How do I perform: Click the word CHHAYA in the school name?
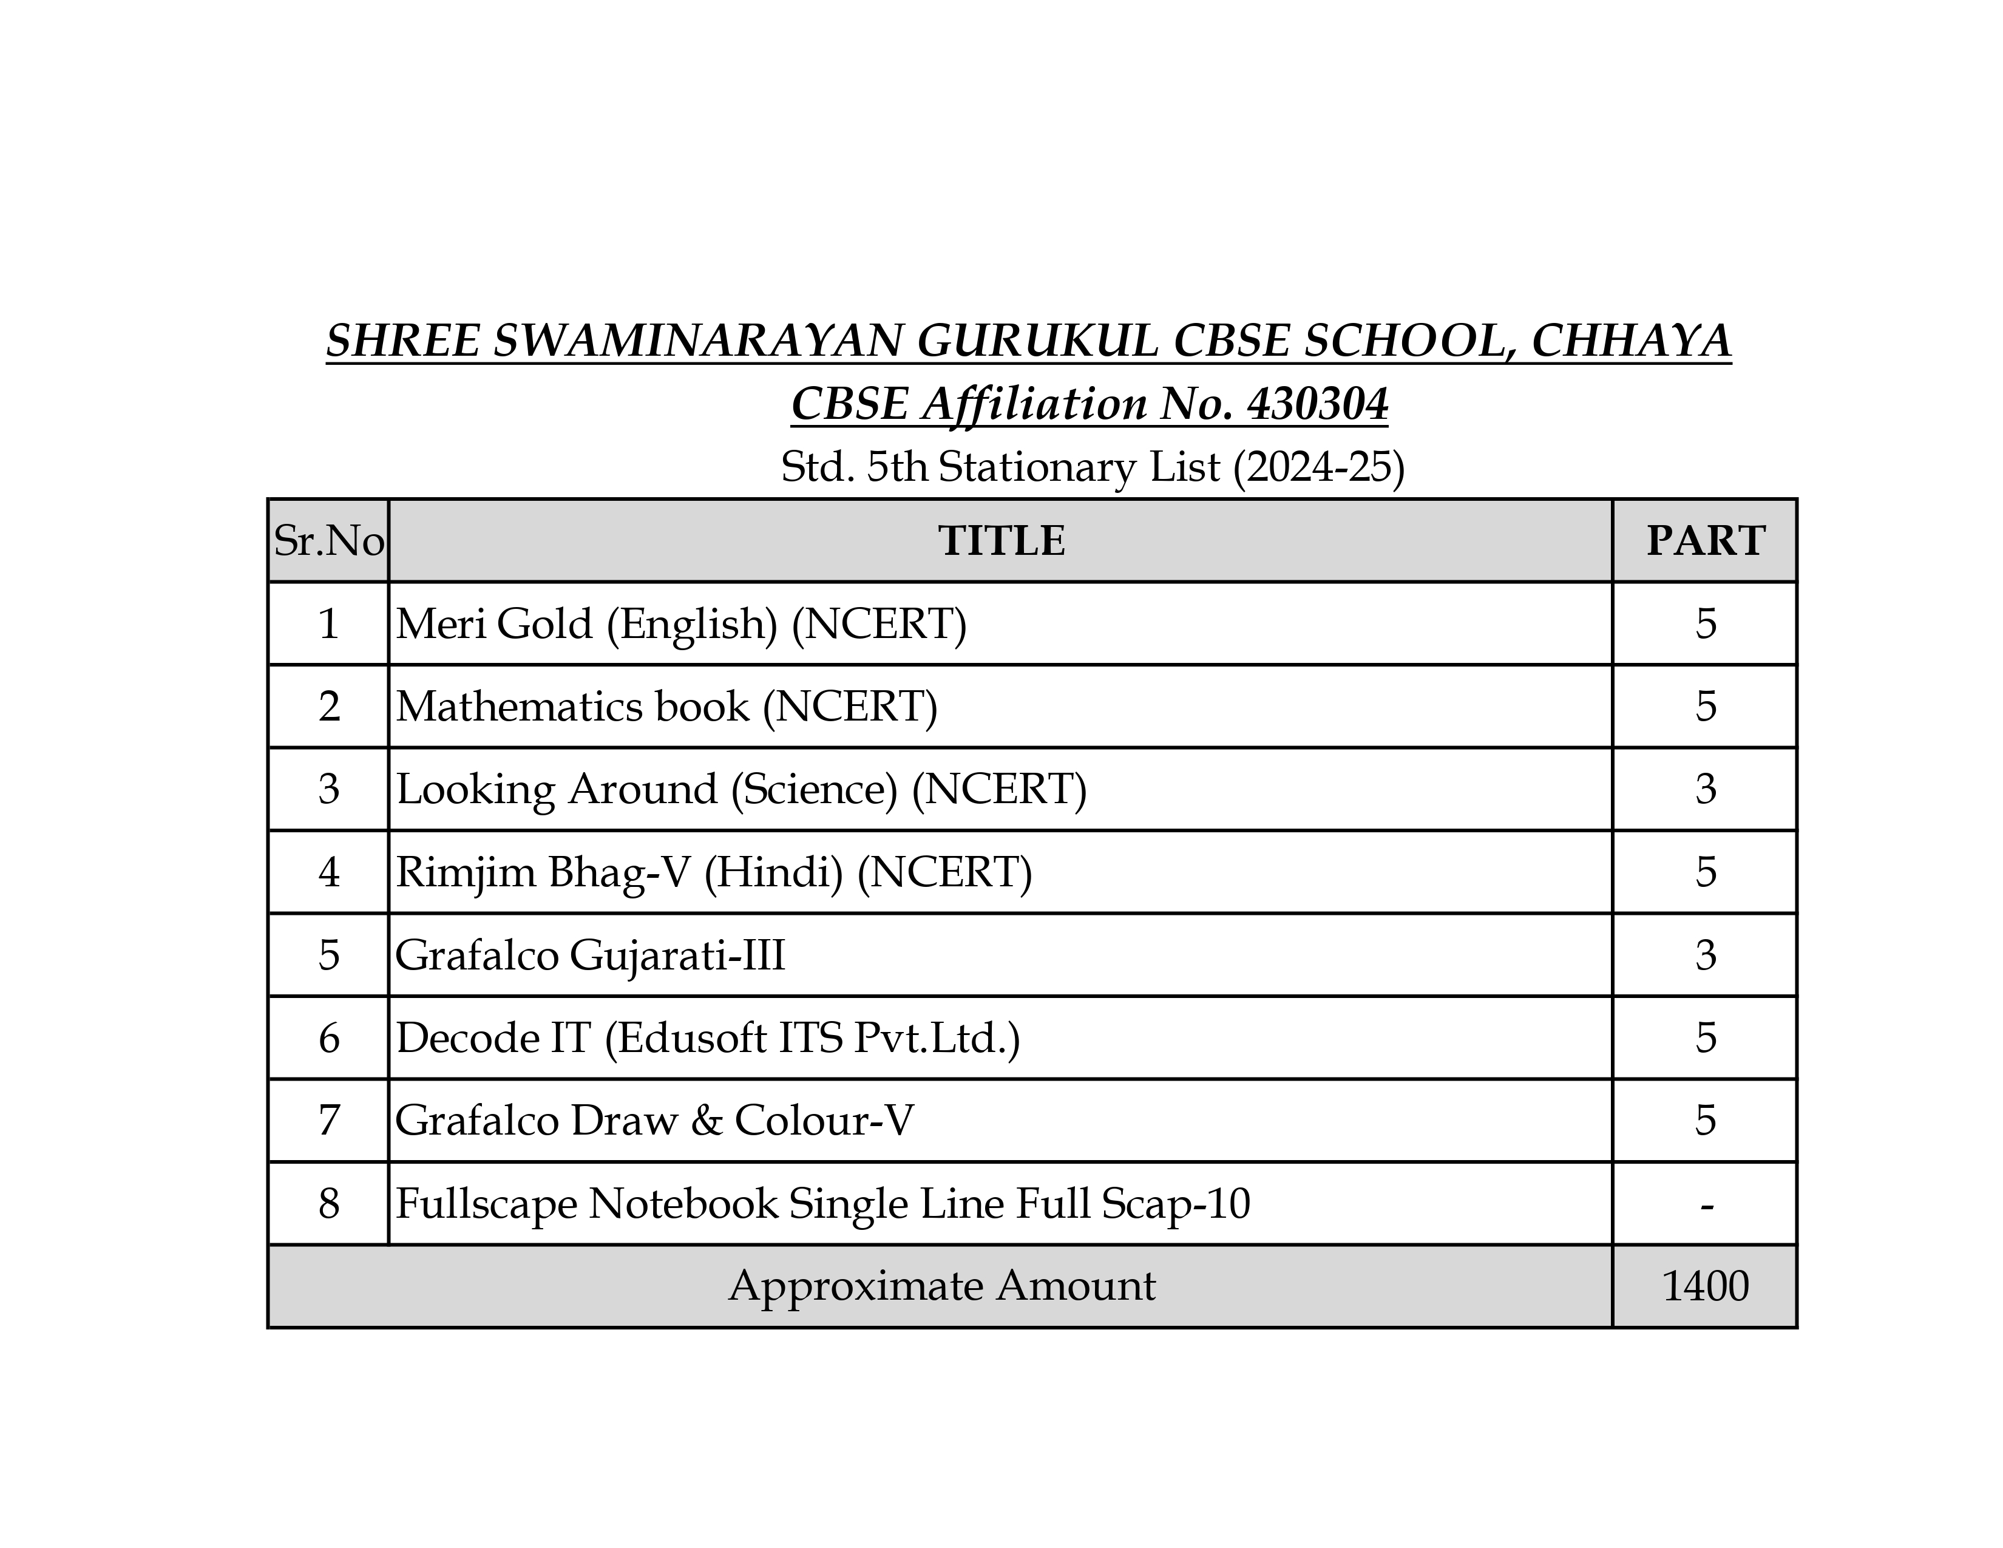click(x=1631, y=341)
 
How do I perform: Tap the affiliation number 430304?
click(x=1317, y=404)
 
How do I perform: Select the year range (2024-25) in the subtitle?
click(x=1318, y=467)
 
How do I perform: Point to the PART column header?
click(x=1705, y=541)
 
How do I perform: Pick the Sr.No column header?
click(x=328, y=541)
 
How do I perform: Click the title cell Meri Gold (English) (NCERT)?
click(x=680, y=625)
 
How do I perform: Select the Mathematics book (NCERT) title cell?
click(x=666, y=707)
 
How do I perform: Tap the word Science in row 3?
click(x=813, y=790)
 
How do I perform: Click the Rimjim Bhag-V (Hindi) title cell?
click(x=714, y=872)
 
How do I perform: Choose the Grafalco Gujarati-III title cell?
click(x=590, y=956)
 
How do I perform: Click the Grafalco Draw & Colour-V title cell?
click(x=654, y=1121)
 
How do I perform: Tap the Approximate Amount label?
click(x=942, y=1286)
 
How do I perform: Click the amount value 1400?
click(x=1705, y=1286)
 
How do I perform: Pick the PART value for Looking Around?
click(x=1705, y=790)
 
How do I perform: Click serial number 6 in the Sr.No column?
click(x=328, y=1038)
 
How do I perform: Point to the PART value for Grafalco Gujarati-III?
click(x=1705, y=956)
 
